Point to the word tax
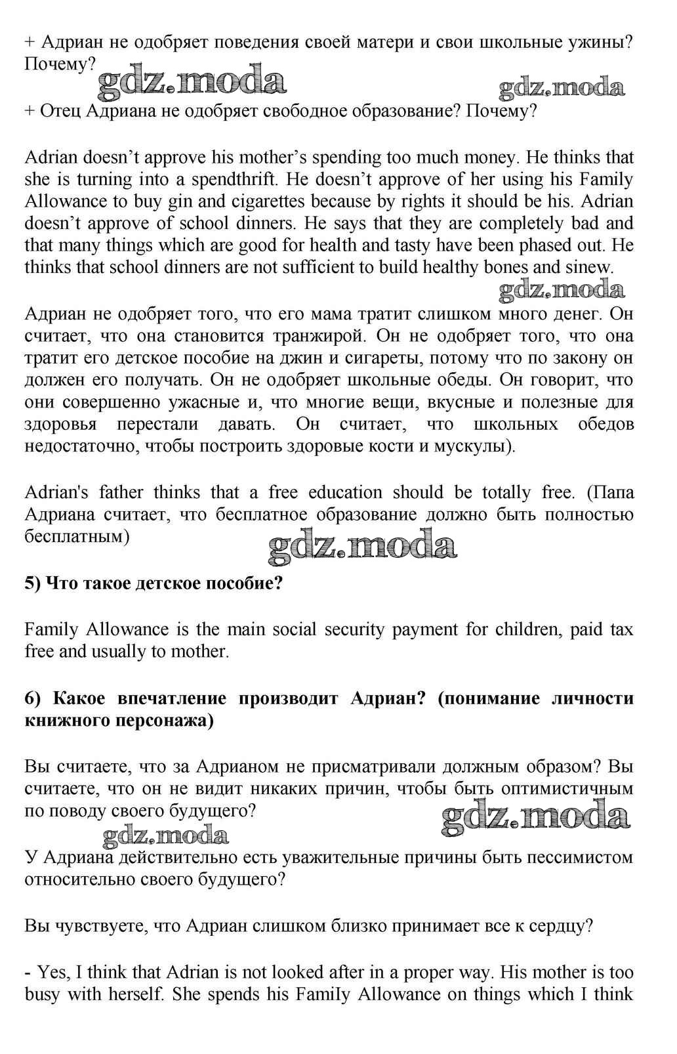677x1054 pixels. tap(619, 629)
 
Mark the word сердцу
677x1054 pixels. tap(560, 925)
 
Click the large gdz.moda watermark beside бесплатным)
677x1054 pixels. tap(362, 547)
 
